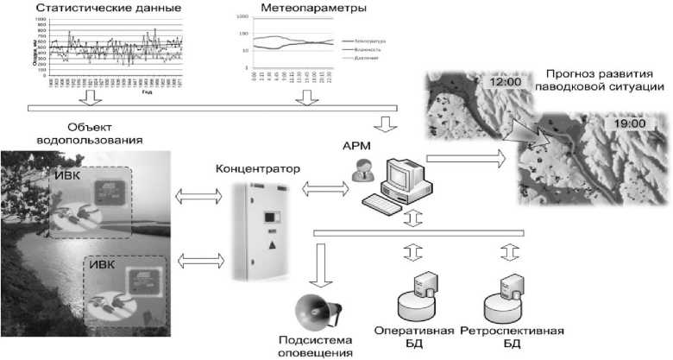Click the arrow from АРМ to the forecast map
coord(467,158)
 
